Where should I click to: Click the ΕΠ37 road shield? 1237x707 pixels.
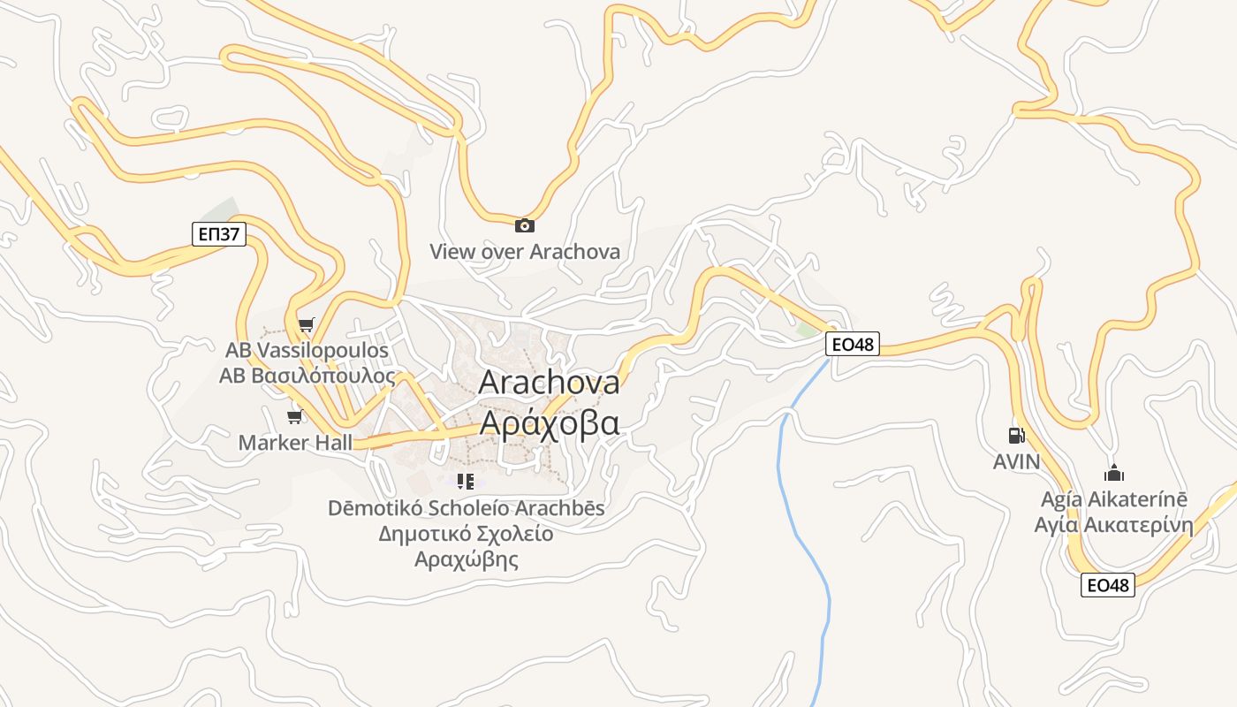point(218,234)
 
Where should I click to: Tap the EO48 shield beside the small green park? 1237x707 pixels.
point(853,344)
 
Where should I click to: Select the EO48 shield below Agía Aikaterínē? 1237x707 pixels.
point(1107,585)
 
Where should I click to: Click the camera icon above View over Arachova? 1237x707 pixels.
point(525,225)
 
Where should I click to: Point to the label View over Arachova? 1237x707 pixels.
point(525,252)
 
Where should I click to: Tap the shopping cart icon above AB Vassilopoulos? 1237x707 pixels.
point(306,325)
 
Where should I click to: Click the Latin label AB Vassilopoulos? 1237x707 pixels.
point(307,350)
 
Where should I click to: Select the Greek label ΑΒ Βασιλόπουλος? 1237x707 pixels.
point(307,375)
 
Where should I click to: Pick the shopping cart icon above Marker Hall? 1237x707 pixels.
point(295,416)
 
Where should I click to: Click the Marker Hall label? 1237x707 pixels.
point(295,443)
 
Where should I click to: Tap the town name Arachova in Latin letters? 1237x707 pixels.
point(549,383)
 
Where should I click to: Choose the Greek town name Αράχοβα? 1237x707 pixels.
point(549,423)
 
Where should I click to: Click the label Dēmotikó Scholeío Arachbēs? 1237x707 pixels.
point(466,508)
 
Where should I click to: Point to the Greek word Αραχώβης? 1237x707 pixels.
point(466,559)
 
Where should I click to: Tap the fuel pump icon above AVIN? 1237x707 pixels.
point(1016,435)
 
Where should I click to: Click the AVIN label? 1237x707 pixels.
point(1016,461)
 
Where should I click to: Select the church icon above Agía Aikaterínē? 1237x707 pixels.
point(1114,473)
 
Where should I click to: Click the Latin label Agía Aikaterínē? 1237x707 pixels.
point(1114,499)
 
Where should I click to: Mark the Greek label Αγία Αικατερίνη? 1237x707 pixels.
point(1114,526)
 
